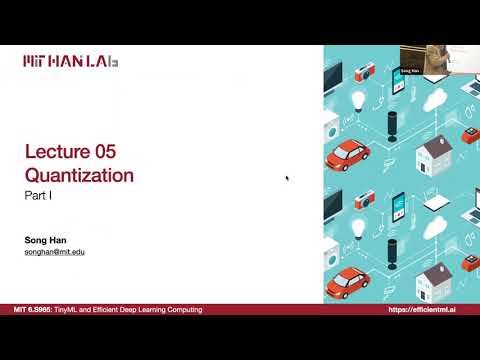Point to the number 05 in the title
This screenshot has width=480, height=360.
pyautogui.click(x=104, y=153)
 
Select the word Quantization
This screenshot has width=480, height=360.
pyautogui.click(x=79, y=176)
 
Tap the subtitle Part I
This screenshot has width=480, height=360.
pyautogui.click(x=38, y=199)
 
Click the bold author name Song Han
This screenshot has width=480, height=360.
pyautogui.click(x=44, y=240)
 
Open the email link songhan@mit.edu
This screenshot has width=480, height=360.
pyautogui.click(x=54, y=253)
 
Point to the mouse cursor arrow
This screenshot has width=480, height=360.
pyautogui.click(x=287, y=179)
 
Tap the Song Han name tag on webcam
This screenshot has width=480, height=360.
pyautogui.click(x=408, y=71)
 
